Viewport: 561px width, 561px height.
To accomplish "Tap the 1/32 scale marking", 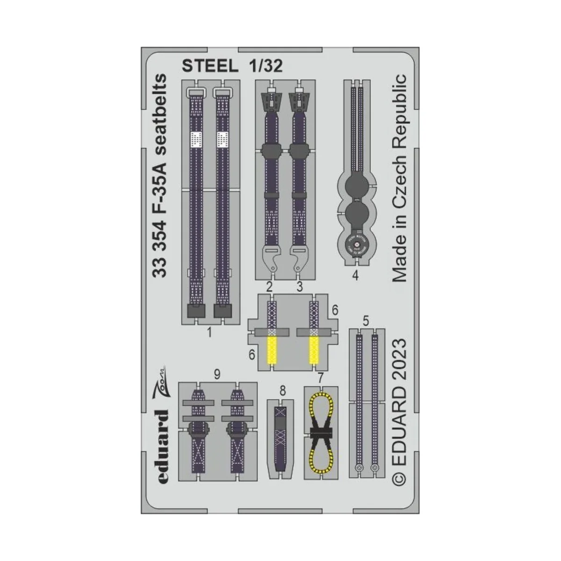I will click(x=264, y=67).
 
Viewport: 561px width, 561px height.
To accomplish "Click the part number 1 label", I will click(x=209, y=333).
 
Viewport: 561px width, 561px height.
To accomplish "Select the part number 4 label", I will click(x=355, y=276).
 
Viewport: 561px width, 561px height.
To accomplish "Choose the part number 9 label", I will click(x=216, y=374).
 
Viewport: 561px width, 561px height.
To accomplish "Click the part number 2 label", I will click(x=269, y=287).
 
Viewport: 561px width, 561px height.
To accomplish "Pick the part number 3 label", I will click(x=299, y=287).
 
